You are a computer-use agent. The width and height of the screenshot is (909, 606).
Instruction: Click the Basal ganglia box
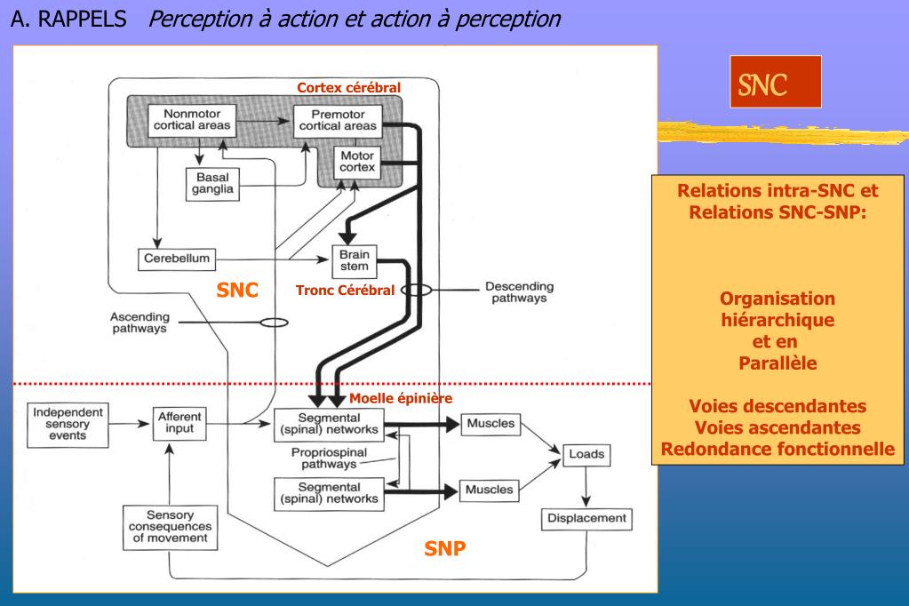point(212,183)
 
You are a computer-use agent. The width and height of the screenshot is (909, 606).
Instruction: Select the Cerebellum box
point(177,259)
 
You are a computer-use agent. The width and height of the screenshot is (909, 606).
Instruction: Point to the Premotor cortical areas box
point(337,120)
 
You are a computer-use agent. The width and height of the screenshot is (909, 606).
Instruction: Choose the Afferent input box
point(180,423)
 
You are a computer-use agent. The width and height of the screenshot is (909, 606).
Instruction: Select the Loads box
point(586,455)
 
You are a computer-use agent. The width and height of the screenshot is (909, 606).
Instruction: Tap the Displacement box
point(586,518)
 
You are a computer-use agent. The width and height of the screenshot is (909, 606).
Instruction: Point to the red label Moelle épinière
point(401,398)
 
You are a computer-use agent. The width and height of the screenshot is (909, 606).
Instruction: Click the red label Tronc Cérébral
point(345,291)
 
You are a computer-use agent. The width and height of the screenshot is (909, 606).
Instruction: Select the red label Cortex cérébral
point(348,87)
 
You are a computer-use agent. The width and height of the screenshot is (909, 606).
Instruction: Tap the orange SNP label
point(444,548)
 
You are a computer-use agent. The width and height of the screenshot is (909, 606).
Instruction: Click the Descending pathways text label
point(519,293)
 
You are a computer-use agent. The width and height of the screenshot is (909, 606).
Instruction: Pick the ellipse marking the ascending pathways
point(273,323)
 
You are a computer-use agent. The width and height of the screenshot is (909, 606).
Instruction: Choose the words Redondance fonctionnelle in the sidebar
point(778,450)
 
